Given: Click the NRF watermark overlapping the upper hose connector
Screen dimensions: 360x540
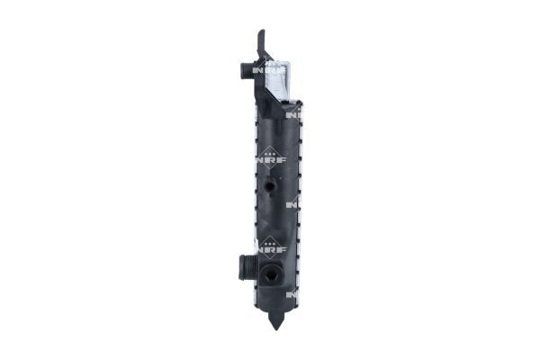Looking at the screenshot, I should click(x=263, y=70).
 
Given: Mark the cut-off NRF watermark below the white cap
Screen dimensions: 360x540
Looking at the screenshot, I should click(x=293, y=114).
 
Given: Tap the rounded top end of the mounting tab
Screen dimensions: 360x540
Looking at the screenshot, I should click(x=261, y=33).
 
